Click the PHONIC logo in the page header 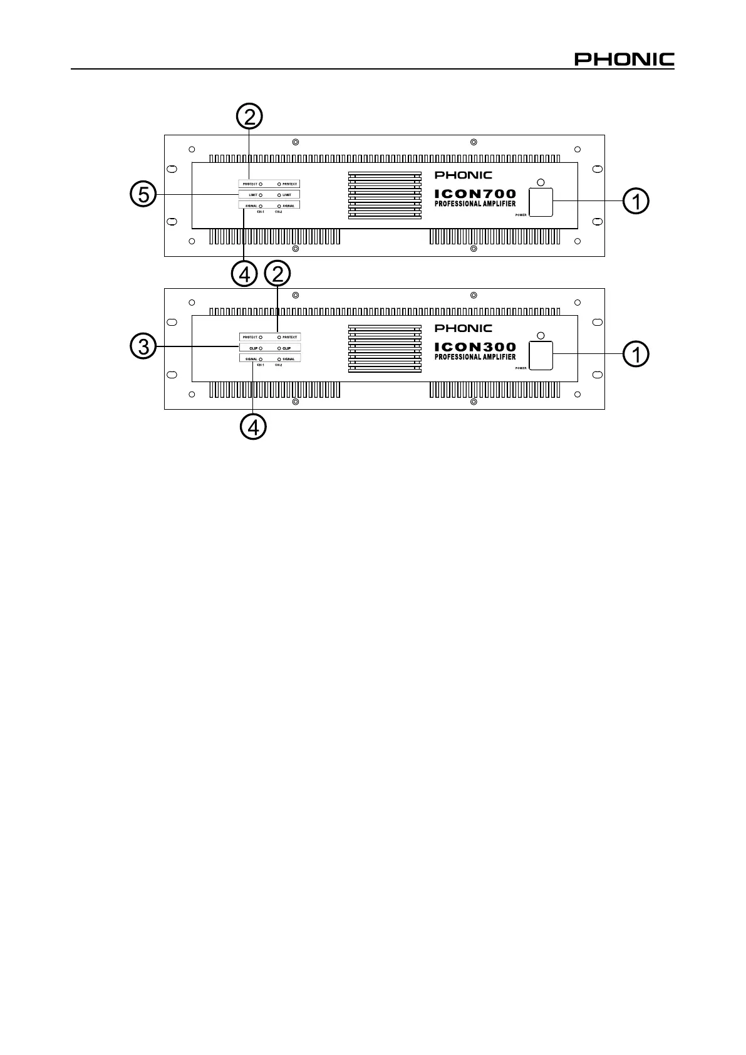tap(624, 60)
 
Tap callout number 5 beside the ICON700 tap(143, 195)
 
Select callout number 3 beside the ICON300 tap(143, 346)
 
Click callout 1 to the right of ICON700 tap(636, 201)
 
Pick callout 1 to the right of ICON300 tap(636, 355)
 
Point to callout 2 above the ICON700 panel tap(249, 117)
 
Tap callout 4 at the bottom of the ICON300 tap(253, 427)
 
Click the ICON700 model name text tap(475, 194)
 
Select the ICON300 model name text tap(475, 347)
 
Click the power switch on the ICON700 tap(541, 202)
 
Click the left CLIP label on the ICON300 tap(253, 348)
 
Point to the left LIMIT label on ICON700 tap(253, 195)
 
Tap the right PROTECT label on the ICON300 tap(289, 337)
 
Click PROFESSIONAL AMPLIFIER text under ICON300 tap(475, 357)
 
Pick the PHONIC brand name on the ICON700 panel tap(464, 175)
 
